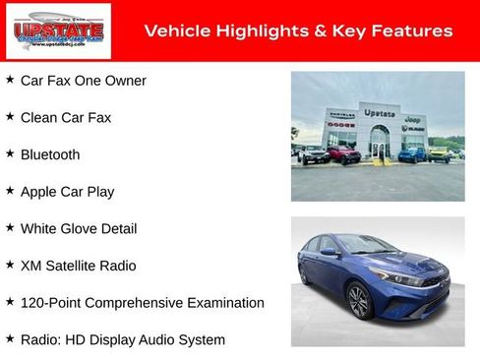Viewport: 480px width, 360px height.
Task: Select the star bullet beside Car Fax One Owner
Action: pyautogui.click(x=10, y=80)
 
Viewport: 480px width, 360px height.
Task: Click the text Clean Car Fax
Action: pyautogui.click(x=66, y=118)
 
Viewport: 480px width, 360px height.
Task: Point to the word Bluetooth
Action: pyautogui.click(x=50, y=155)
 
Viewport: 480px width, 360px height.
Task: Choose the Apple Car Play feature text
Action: pyautogui.click(x=68, y=192)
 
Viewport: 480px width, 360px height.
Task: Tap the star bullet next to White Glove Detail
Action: pyautogui.click(x=10, y=227)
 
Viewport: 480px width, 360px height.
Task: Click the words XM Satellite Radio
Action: pyautogui.click(x=79, y=266)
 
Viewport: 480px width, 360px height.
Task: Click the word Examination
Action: pyautogui.click(x=222, y=303)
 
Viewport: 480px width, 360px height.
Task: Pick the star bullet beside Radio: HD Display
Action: pyautogui.click(x=10, y=338)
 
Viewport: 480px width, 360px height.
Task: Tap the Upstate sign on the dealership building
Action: pyautogui.click(x=379, y=113)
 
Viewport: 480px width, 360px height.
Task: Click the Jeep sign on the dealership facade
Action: pyautogui.click(x=414, y=118)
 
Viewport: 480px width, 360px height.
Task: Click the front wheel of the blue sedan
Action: pyautogui.click(x=358, y=300)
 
